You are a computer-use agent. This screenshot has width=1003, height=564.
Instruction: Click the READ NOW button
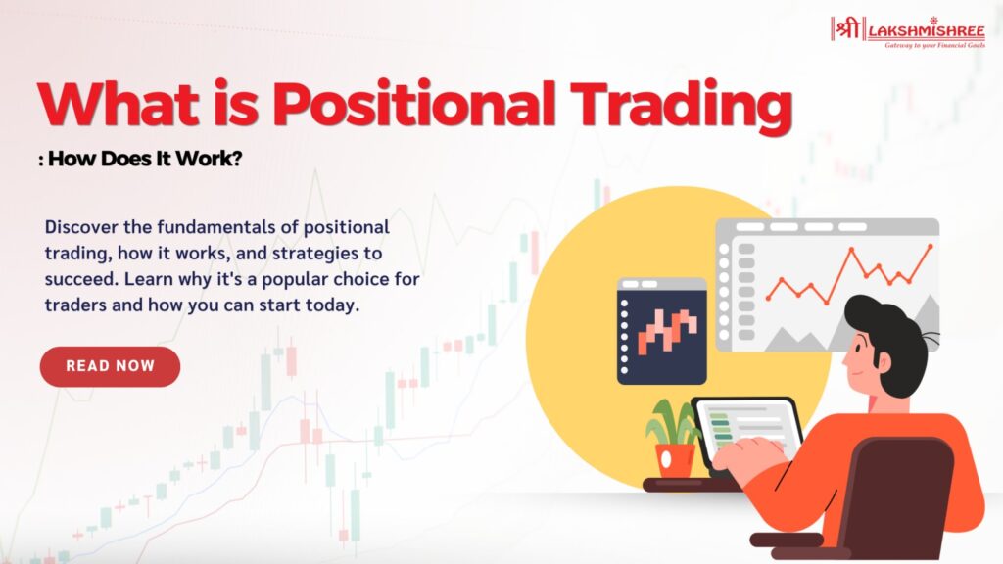tap(110, 366)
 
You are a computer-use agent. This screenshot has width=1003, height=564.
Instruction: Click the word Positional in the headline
tap(413, 104)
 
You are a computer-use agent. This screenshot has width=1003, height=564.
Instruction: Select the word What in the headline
tap(119, 104)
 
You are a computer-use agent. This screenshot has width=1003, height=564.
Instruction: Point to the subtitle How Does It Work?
tap(145, 158)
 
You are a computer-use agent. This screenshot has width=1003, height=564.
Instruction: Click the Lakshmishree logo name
tap(927, 30)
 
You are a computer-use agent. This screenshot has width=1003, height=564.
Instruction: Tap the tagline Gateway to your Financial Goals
tap(934, 45)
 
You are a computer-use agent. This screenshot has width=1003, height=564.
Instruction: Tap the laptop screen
tap(748, 431)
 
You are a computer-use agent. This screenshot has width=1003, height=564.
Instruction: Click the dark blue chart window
tap(662, 331)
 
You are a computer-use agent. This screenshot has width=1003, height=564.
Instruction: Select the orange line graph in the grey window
tap(849, 274)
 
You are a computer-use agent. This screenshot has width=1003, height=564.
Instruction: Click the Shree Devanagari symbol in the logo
tap(847, 28)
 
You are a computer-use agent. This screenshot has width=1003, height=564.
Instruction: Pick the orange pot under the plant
tap(674, 460)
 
